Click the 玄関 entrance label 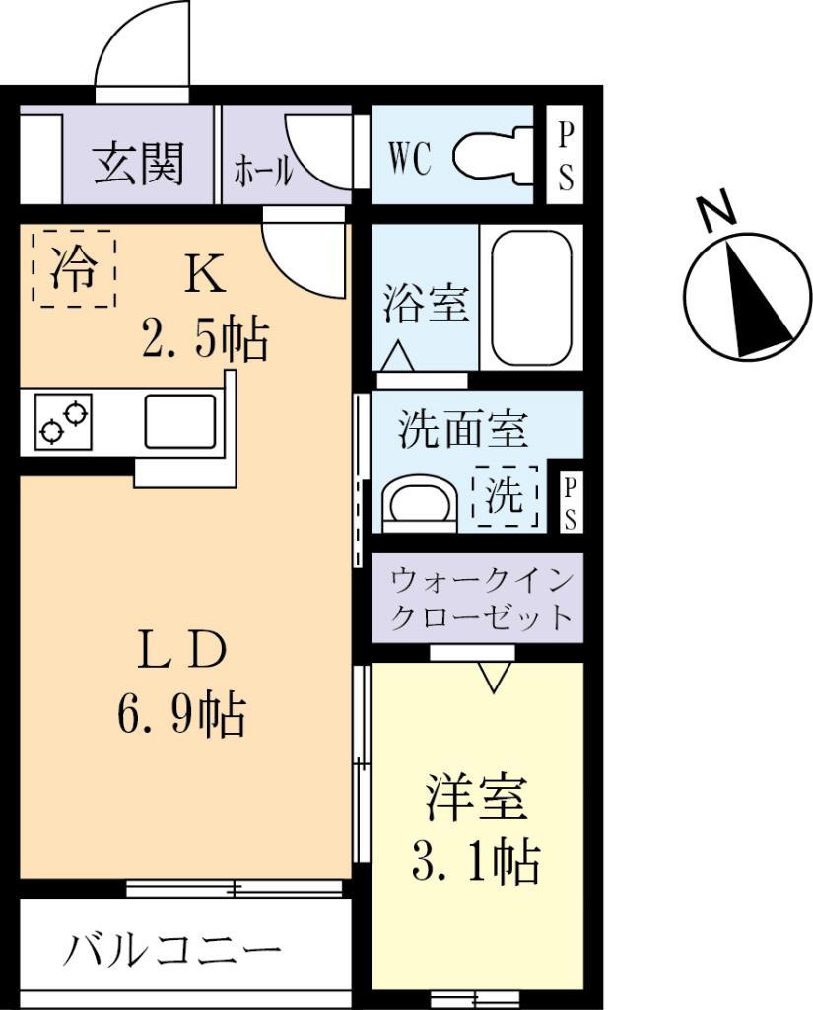coord(138,165)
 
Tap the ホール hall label coord(262,171)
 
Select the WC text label coord(409,158)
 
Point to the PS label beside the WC coord(566,156)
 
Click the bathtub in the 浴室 coord(530,297)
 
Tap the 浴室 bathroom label coord(426,304)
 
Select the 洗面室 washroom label coord(463,430)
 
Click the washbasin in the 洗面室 coord(419,502)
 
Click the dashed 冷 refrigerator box coord(74,268)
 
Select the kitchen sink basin coord(181,421)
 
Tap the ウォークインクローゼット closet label coord(480,598)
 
